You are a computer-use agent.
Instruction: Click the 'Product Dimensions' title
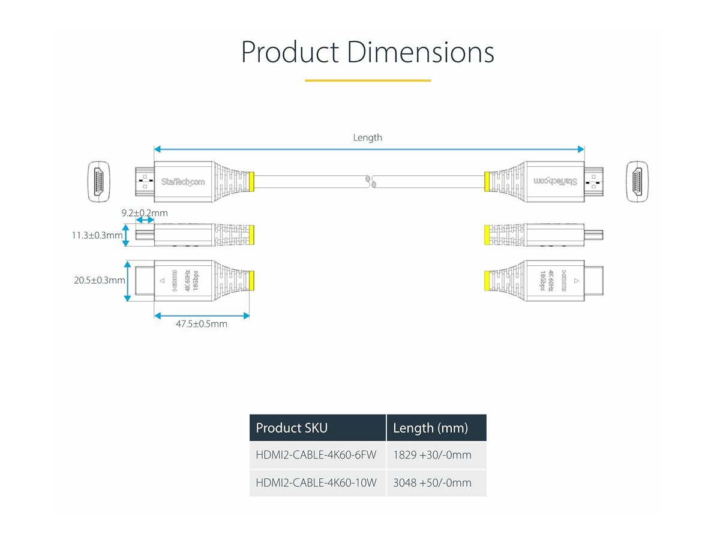[x=367, y=52]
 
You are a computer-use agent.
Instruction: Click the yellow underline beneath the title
[x=367, y=80]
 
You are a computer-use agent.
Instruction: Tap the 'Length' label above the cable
[x=367, y=137]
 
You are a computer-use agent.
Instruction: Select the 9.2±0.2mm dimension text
[x=144, y=213]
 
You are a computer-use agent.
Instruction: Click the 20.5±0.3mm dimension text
[x=100, y=280]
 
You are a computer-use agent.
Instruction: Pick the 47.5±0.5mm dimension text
[x=202, y=324]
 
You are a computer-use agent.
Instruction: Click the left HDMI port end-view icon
[x=98, y=181]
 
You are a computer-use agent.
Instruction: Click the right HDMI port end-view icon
[x=637, y=181]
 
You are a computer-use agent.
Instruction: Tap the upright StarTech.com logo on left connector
[x=182, y=181]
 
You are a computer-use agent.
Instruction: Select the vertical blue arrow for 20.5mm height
[x=127, y=281]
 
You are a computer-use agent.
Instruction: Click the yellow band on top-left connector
[x=251, y=181]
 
